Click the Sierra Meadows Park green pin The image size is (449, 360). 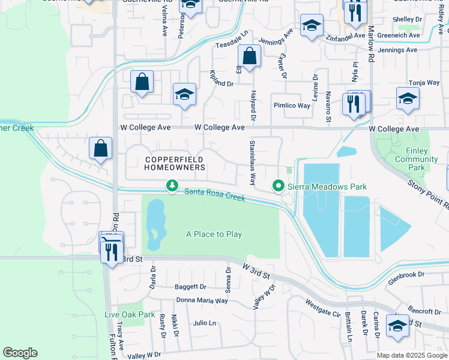[x=279, y=187]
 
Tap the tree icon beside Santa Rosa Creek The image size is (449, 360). [x=172, y=186]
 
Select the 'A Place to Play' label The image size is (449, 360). [x=214, y=234]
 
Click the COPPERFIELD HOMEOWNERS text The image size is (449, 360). [x=174, y=163]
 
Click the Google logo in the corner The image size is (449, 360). [x=20, y=353]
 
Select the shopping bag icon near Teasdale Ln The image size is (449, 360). [x=249, y=58]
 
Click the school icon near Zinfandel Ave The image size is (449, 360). [x=312, y=26]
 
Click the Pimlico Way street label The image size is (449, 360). [x=292, y=106]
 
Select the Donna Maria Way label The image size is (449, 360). [x=202, y=300]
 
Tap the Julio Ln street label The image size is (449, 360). [x=205, y=323]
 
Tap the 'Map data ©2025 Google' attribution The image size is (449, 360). [x=412, y=355]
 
